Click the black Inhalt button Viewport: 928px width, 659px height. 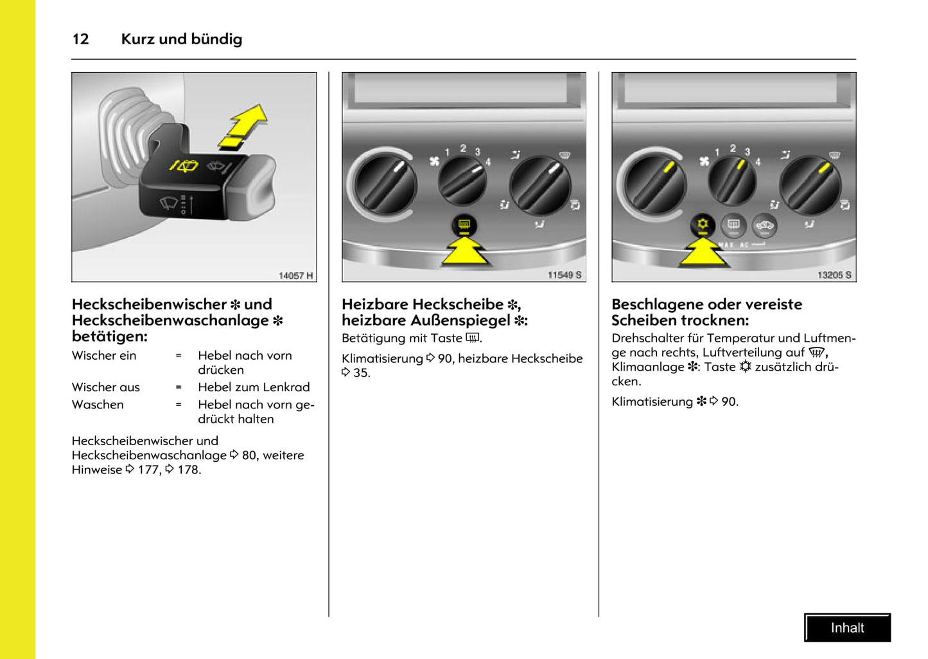coord(847,628)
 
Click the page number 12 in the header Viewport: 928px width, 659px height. coord(80,39)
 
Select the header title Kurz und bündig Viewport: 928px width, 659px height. coord(182,39)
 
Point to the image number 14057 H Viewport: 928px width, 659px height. coord(295,276)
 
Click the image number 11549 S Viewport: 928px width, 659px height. coord(564,275)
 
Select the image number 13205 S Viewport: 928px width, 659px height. coord(834,275)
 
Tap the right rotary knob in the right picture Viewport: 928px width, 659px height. coord(809,186)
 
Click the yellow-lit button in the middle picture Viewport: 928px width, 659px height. coord(464,225)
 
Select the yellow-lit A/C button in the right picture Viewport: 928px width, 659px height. coord(703,225)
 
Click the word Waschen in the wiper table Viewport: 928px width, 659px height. coord(98,405)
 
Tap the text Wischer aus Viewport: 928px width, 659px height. coord(105,387)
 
